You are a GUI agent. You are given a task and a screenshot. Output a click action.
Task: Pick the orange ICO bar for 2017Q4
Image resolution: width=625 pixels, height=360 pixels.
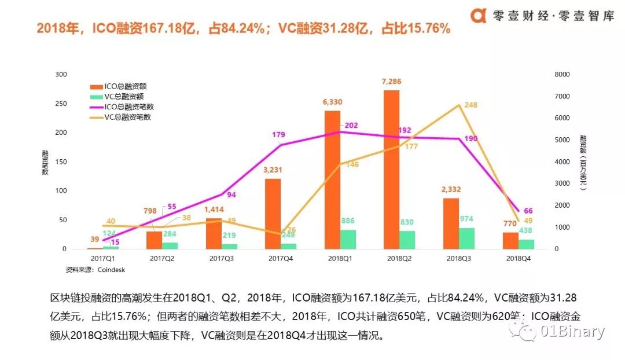click(273, 214)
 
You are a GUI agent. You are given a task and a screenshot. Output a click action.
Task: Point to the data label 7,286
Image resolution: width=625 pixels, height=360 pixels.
click(391, 82)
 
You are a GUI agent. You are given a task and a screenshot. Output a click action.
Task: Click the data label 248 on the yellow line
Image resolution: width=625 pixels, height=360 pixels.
click(470, 105)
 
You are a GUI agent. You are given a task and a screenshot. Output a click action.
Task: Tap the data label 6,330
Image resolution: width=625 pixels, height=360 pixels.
click(332, 102)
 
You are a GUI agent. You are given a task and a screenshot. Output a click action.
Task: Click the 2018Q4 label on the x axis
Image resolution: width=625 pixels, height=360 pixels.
click(517, 258)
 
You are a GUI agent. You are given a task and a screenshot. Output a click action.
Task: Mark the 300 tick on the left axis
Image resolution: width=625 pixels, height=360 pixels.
click(61, 74)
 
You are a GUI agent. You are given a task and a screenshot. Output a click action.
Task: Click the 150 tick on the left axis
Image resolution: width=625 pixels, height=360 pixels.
click(61, 161)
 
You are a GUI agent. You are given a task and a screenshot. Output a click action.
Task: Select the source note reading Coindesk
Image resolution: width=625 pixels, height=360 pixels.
click(98, 269)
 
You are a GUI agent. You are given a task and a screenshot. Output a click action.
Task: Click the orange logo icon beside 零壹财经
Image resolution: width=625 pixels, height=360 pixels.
click(478, 16)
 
